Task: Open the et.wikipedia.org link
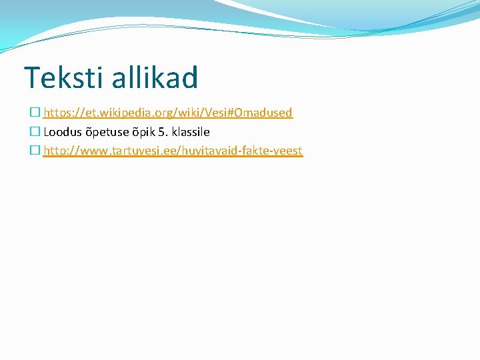click(167, 113)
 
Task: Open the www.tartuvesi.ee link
click(173, 151)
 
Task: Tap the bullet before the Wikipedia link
click(35, 113)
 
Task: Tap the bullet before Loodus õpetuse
click(35, 131)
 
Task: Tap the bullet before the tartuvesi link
click(35, 151)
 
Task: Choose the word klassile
click(191, 132)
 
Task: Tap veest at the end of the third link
click(287, 151)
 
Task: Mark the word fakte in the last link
click(255, 151)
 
